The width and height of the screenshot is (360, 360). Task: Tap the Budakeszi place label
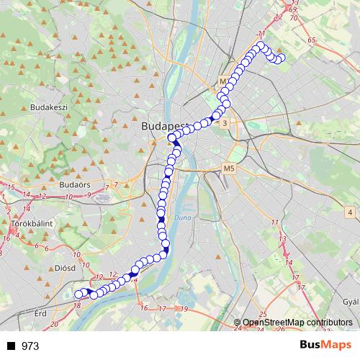[x=49, y=107]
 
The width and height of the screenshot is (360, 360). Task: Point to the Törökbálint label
[x=30, y=225]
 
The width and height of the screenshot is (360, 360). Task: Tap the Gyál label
[x=351, y=302]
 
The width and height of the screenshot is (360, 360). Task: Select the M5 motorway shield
[x=229, y=168]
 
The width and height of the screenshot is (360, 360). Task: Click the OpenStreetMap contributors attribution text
[x=297, y=323]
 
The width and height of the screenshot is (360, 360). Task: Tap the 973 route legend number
[x=31, y=346]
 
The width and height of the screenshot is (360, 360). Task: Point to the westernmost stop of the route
[x=78, y=294]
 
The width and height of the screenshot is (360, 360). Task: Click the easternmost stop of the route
[x=282, y=58]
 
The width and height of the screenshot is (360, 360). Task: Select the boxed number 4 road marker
[x=349, y=212]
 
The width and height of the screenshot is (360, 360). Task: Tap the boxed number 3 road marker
[x=226, y=124]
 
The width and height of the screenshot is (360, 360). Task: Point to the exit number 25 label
[x=263, y=315]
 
